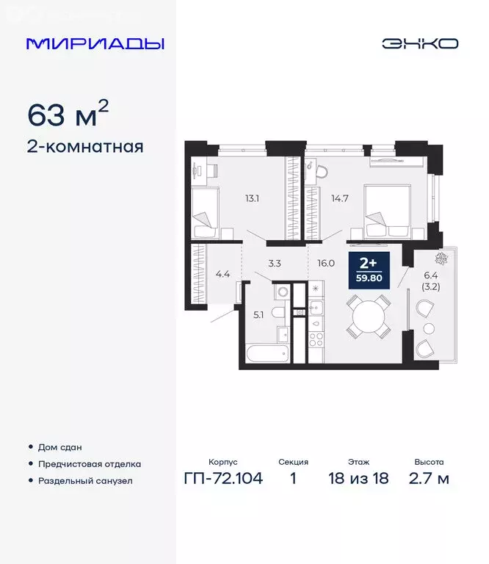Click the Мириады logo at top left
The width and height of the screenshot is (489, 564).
95,43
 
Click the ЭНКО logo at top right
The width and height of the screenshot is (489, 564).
419,43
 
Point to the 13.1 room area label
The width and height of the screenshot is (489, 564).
253,197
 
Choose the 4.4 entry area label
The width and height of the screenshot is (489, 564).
222,275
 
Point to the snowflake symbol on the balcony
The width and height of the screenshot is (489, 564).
443,258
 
